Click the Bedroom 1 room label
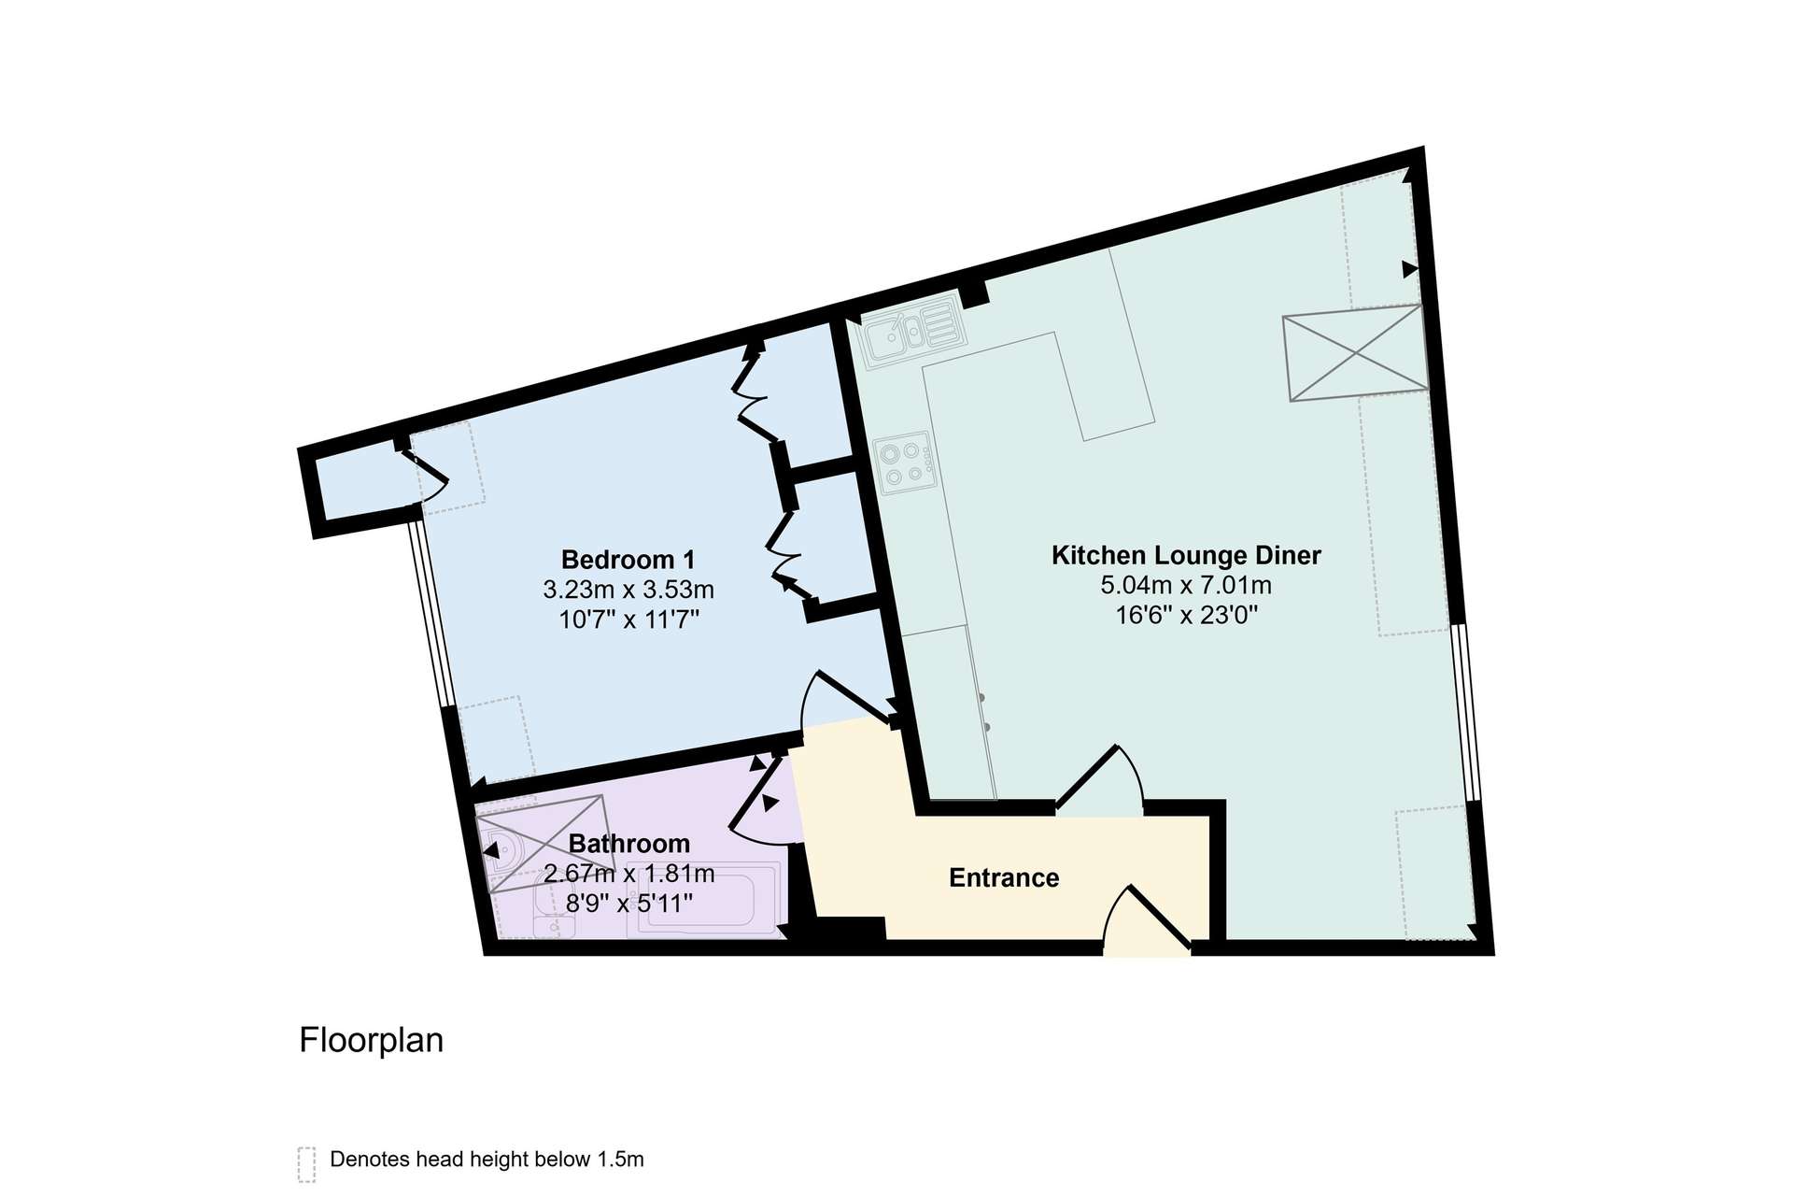click(628, 560)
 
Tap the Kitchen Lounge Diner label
click(1186, 555)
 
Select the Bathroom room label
click(628, 844)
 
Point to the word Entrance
click(1004, 877)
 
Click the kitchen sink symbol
click(911, 331)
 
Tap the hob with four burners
click(906, 463)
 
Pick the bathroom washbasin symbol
click(555, 916)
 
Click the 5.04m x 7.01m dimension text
click(1186, 586)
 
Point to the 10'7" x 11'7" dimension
click(628, 619)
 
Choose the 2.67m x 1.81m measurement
click(628, 874)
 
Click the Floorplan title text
click(371, 1040)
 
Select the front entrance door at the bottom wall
click(1148, 921)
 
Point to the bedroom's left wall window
click(431, 612)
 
